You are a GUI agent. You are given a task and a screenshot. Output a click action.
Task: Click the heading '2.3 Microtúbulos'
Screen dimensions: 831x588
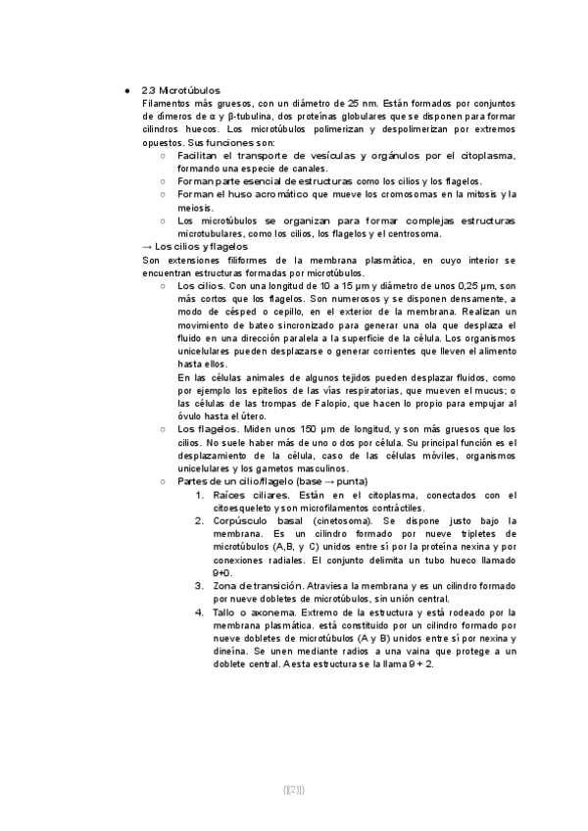tap(181, 89)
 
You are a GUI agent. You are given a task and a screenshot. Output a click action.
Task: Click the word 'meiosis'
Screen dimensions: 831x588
tap(194, 207)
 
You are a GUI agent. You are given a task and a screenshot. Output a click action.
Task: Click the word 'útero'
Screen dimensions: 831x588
tap(288, 415)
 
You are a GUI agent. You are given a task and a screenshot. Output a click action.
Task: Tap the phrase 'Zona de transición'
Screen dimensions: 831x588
tap(258, 585)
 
